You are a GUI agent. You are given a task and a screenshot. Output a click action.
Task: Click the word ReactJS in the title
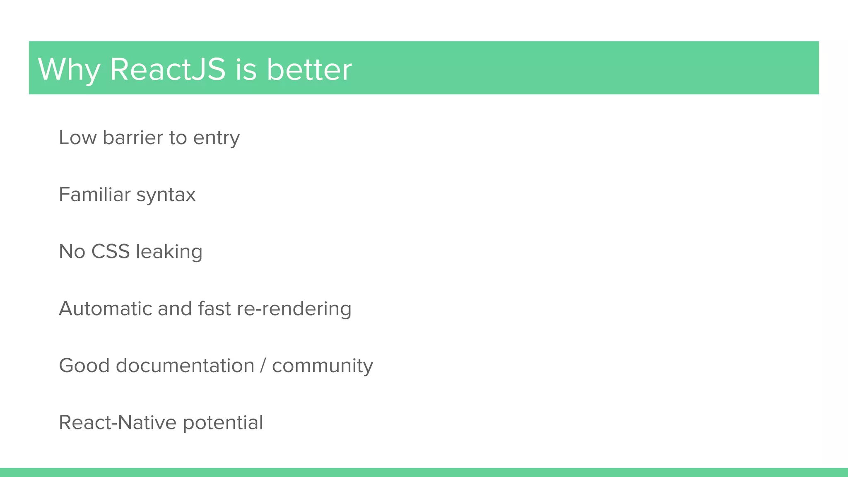click(168, 69)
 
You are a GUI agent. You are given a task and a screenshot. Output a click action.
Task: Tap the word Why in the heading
click(69, 69)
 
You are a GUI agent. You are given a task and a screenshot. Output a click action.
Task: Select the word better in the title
click(309, 69)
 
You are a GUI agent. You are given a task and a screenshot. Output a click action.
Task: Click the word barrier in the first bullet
click(133, 137)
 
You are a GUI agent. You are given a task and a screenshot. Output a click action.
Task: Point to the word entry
click(216, 138)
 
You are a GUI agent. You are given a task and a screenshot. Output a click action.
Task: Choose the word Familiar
click(95, 194)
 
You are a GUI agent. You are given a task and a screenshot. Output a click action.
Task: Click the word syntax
click(166, 195)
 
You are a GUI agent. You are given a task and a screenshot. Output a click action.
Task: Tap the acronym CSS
click(111, 251)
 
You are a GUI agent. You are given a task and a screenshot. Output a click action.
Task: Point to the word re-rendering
click(294, 309)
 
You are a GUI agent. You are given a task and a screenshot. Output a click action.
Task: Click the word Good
click(84, 365)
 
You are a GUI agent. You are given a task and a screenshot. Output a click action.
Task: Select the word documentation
click(185, 365)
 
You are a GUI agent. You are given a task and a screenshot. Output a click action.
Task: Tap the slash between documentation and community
click(263, 365)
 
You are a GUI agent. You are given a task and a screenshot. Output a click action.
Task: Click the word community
click(323, 366)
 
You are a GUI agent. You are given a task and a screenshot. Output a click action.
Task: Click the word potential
click(223, 423)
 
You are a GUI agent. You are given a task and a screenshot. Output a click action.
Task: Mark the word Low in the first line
click(77, 137)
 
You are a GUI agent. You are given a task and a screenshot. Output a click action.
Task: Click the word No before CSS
click(72, 251)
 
